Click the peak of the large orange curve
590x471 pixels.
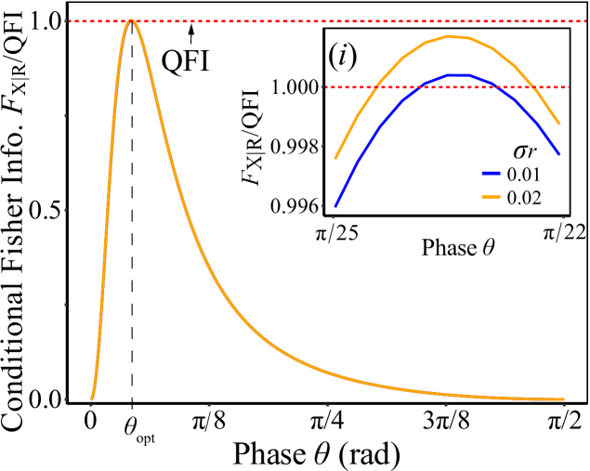(131, 20)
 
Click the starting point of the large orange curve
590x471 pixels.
(91, 399)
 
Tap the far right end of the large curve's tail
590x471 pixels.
(563, 399)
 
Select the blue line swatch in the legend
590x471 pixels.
(491, 174)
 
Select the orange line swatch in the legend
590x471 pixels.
(491, 197)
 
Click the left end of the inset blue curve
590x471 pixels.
(335, 205)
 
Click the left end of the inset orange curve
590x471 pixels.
(335, 159)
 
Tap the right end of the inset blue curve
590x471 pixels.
(559, 154)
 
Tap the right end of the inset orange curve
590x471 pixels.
(559, 124)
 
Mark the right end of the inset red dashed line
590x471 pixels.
(569, 87)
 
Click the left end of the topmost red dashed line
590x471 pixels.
(67, 20)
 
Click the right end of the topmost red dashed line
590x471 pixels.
(587, 20)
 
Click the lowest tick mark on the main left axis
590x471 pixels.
(65, 399)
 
